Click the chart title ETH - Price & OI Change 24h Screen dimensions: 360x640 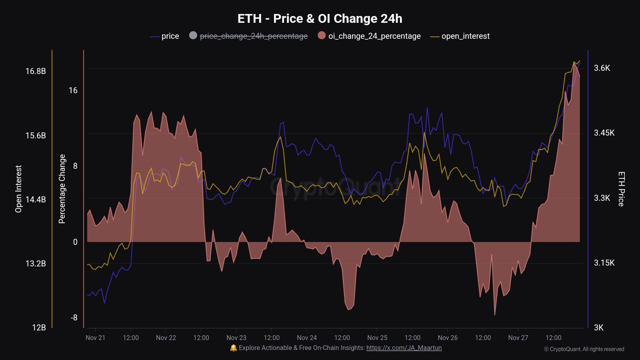[x=320, y=19]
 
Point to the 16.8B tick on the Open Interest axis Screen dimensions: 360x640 [x=36, y=71]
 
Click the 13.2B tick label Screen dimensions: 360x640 [x=36, y=264]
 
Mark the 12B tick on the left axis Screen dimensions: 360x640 [x=39, y=328]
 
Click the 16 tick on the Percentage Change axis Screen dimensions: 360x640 [x=73, y=90]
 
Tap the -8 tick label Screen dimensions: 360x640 [x=74, y=318]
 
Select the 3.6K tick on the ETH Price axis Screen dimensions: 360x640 [x=602, y=68]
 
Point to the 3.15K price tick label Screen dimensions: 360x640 [x=604, y=263]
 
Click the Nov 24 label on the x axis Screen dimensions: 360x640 [x=307, y=338]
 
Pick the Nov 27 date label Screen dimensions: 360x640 [x=518, y=338]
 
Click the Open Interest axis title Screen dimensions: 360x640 [x=18, y=189]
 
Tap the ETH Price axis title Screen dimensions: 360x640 [x=621, y=189]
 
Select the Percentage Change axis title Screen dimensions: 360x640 [x=62, y=189]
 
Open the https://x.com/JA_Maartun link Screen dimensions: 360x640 [x=404, y=348]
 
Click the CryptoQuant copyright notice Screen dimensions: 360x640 [x=584, y=349]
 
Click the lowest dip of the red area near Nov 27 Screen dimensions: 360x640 [x=495, y=314]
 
